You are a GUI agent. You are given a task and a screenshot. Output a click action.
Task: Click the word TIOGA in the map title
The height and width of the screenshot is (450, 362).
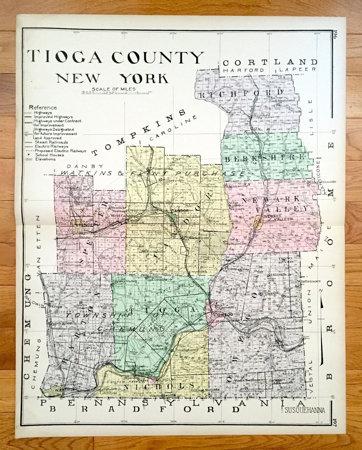(x=64, y=57)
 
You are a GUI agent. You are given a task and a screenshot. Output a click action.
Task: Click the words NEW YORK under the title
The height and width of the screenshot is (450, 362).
(x=112, y=78)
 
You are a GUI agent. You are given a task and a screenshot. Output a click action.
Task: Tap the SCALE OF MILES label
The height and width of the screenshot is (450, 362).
(x=114, y=89)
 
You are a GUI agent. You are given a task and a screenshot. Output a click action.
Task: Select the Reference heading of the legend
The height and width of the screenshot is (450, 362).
(x=43, y=108)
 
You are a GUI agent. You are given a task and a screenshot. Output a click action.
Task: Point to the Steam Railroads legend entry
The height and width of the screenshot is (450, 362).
(x=51, y=142)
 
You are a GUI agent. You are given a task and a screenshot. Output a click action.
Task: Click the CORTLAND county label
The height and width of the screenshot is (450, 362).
(x=270, y=62)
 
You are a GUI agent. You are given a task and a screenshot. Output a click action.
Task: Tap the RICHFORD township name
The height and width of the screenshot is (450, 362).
(x=241, y=93)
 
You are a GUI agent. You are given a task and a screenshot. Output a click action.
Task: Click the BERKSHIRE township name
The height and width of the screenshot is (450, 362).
(x=265, y=158)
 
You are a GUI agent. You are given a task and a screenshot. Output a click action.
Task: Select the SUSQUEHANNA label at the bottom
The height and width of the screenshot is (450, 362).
(x=305, y=410)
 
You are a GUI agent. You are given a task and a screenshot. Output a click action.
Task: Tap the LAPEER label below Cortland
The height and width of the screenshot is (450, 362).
(x=297, y=69)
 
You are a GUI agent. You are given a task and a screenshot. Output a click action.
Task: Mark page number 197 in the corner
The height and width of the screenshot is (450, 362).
(x=335, y=420)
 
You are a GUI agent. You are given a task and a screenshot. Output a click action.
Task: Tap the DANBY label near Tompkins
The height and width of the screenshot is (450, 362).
(x=80, y=166)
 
